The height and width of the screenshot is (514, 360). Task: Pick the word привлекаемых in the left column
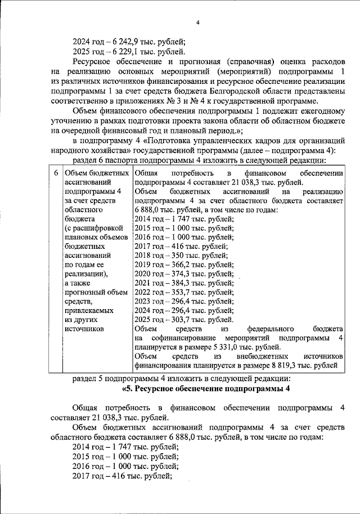pos(89,310)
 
